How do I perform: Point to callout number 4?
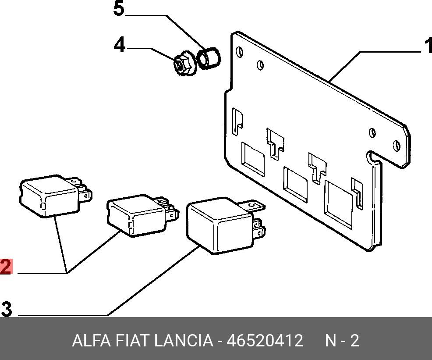click(x=119, y=45)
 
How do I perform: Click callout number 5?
click(x=119, y=9)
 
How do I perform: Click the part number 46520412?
click(x=264, y=341)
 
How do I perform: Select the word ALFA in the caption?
click(x=90, y=341)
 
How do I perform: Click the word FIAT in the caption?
click(x=131, y=341)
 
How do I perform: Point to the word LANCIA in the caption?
click(x=184, y=341)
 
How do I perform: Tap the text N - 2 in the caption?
click(x=342, y=341)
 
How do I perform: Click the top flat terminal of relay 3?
click(x=255, y=205)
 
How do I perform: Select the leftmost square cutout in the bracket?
click(x=253, y=157)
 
